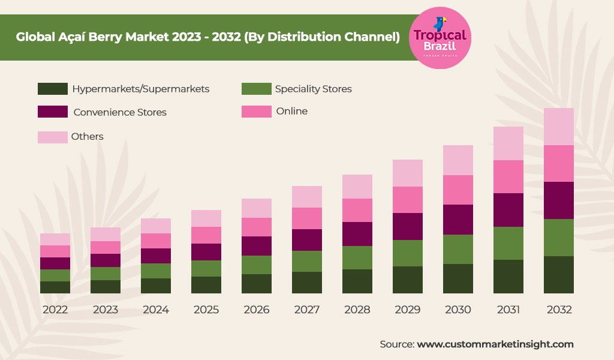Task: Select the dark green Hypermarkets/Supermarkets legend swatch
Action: tap(53, 89)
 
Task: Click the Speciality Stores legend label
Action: tap(313, 89)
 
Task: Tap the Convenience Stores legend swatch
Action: tap(53, 112)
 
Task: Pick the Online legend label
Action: tap(291, 111)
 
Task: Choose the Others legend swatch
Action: tap(53, 137)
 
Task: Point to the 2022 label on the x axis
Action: tap(55, 310)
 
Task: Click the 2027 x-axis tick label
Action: tap(307, 310)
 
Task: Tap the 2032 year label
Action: tap(559, 310)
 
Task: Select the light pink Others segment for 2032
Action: tap(559, 127)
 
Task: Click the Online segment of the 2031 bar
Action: tap(508, 176)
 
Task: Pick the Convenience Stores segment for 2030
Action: tap(458, 220)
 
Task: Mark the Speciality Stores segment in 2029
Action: tap(408, 253)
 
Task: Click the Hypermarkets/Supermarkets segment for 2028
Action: tap(357, 281)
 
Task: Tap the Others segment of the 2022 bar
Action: tap(55, 239)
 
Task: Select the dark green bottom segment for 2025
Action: tap(206, 285)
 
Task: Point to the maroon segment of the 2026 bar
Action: tap(257, 246)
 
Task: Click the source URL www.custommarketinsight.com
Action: tap(495, 344)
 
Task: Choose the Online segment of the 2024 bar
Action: tap(156, 241)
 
